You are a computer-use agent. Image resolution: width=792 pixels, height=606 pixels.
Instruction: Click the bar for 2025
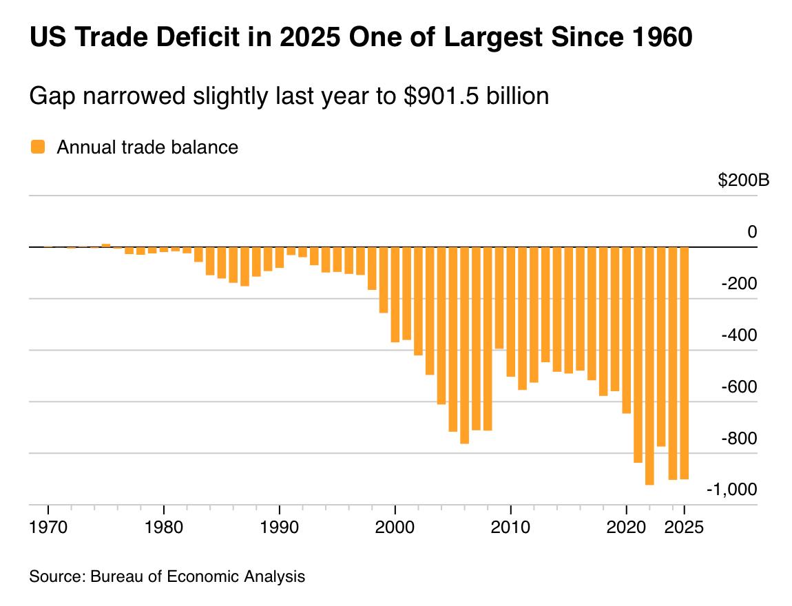tap(684, 363)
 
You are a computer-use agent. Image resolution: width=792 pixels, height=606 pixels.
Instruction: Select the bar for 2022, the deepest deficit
tap(649, 366)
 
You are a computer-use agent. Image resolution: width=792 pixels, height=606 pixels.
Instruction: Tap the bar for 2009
tap(499, 297)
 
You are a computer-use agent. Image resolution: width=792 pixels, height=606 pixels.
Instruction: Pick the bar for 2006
tap(464, 345)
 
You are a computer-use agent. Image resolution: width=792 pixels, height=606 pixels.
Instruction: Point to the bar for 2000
tap(395, 294)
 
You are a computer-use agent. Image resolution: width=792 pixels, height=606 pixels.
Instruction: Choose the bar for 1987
tap(244, 267)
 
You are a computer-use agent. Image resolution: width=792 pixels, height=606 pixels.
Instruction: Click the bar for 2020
tap(626, 330)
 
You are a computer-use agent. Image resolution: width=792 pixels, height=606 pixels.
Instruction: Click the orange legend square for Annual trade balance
tap(37, 147)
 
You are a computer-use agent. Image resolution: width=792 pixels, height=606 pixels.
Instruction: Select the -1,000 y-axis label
tap(731, 489)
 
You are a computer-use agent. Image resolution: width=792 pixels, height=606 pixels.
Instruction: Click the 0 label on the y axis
tap(752, 232)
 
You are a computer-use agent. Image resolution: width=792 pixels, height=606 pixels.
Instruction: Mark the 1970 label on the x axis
tap(48, 528)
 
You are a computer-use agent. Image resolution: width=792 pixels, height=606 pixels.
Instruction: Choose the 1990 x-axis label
tap(279, 528)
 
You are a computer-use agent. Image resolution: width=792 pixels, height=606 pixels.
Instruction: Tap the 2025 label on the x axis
tap(685, 528)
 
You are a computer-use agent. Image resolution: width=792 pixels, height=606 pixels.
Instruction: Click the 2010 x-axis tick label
tap(510, 528)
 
